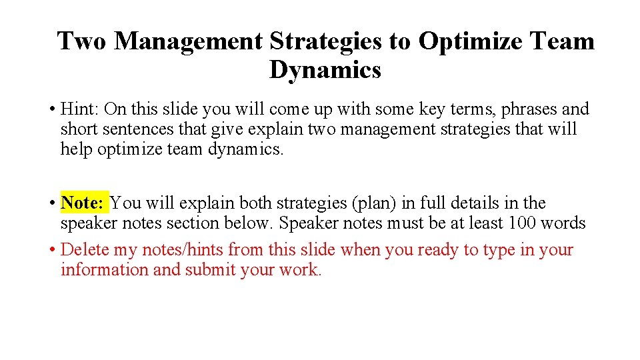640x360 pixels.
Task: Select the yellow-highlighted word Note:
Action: click(82, 203)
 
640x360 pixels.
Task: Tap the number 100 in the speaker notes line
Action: click(523, 223)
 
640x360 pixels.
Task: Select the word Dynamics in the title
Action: click(325, 69)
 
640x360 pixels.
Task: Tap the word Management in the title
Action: click(189, 41)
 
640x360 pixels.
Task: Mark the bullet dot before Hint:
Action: click(51, 109)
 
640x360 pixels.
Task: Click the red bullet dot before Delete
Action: click(51, 251)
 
